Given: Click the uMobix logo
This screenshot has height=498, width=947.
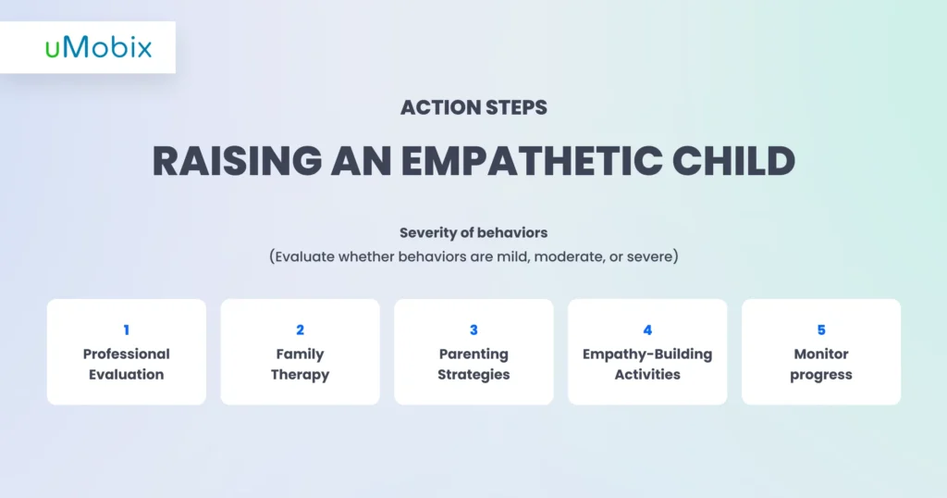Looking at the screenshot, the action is [x=98, y=47].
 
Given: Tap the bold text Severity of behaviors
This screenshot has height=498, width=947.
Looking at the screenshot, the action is [x=473, y=232].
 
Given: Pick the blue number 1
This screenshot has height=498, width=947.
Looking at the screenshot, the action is [x=126, y=330].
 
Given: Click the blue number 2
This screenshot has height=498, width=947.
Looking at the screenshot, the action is [x=301, y=330].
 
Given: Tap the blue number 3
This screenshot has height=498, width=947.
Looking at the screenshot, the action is [x=473, y=330].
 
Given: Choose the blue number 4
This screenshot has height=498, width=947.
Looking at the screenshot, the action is [x=647, y=330].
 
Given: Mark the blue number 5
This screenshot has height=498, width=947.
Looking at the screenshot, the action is [x=821, y=330].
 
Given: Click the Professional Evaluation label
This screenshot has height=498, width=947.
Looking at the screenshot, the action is [x=126, y=365].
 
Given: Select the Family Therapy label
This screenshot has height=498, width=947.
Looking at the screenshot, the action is [x=301, y=365].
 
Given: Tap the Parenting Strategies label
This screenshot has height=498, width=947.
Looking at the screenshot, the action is [x=473, y=365].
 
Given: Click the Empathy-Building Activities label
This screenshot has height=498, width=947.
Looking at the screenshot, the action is [x=647, y=365].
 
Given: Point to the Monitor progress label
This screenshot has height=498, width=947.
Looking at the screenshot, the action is [x=821, y=365].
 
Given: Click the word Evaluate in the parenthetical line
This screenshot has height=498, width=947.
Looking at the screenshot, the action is [x=304, y=256].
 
